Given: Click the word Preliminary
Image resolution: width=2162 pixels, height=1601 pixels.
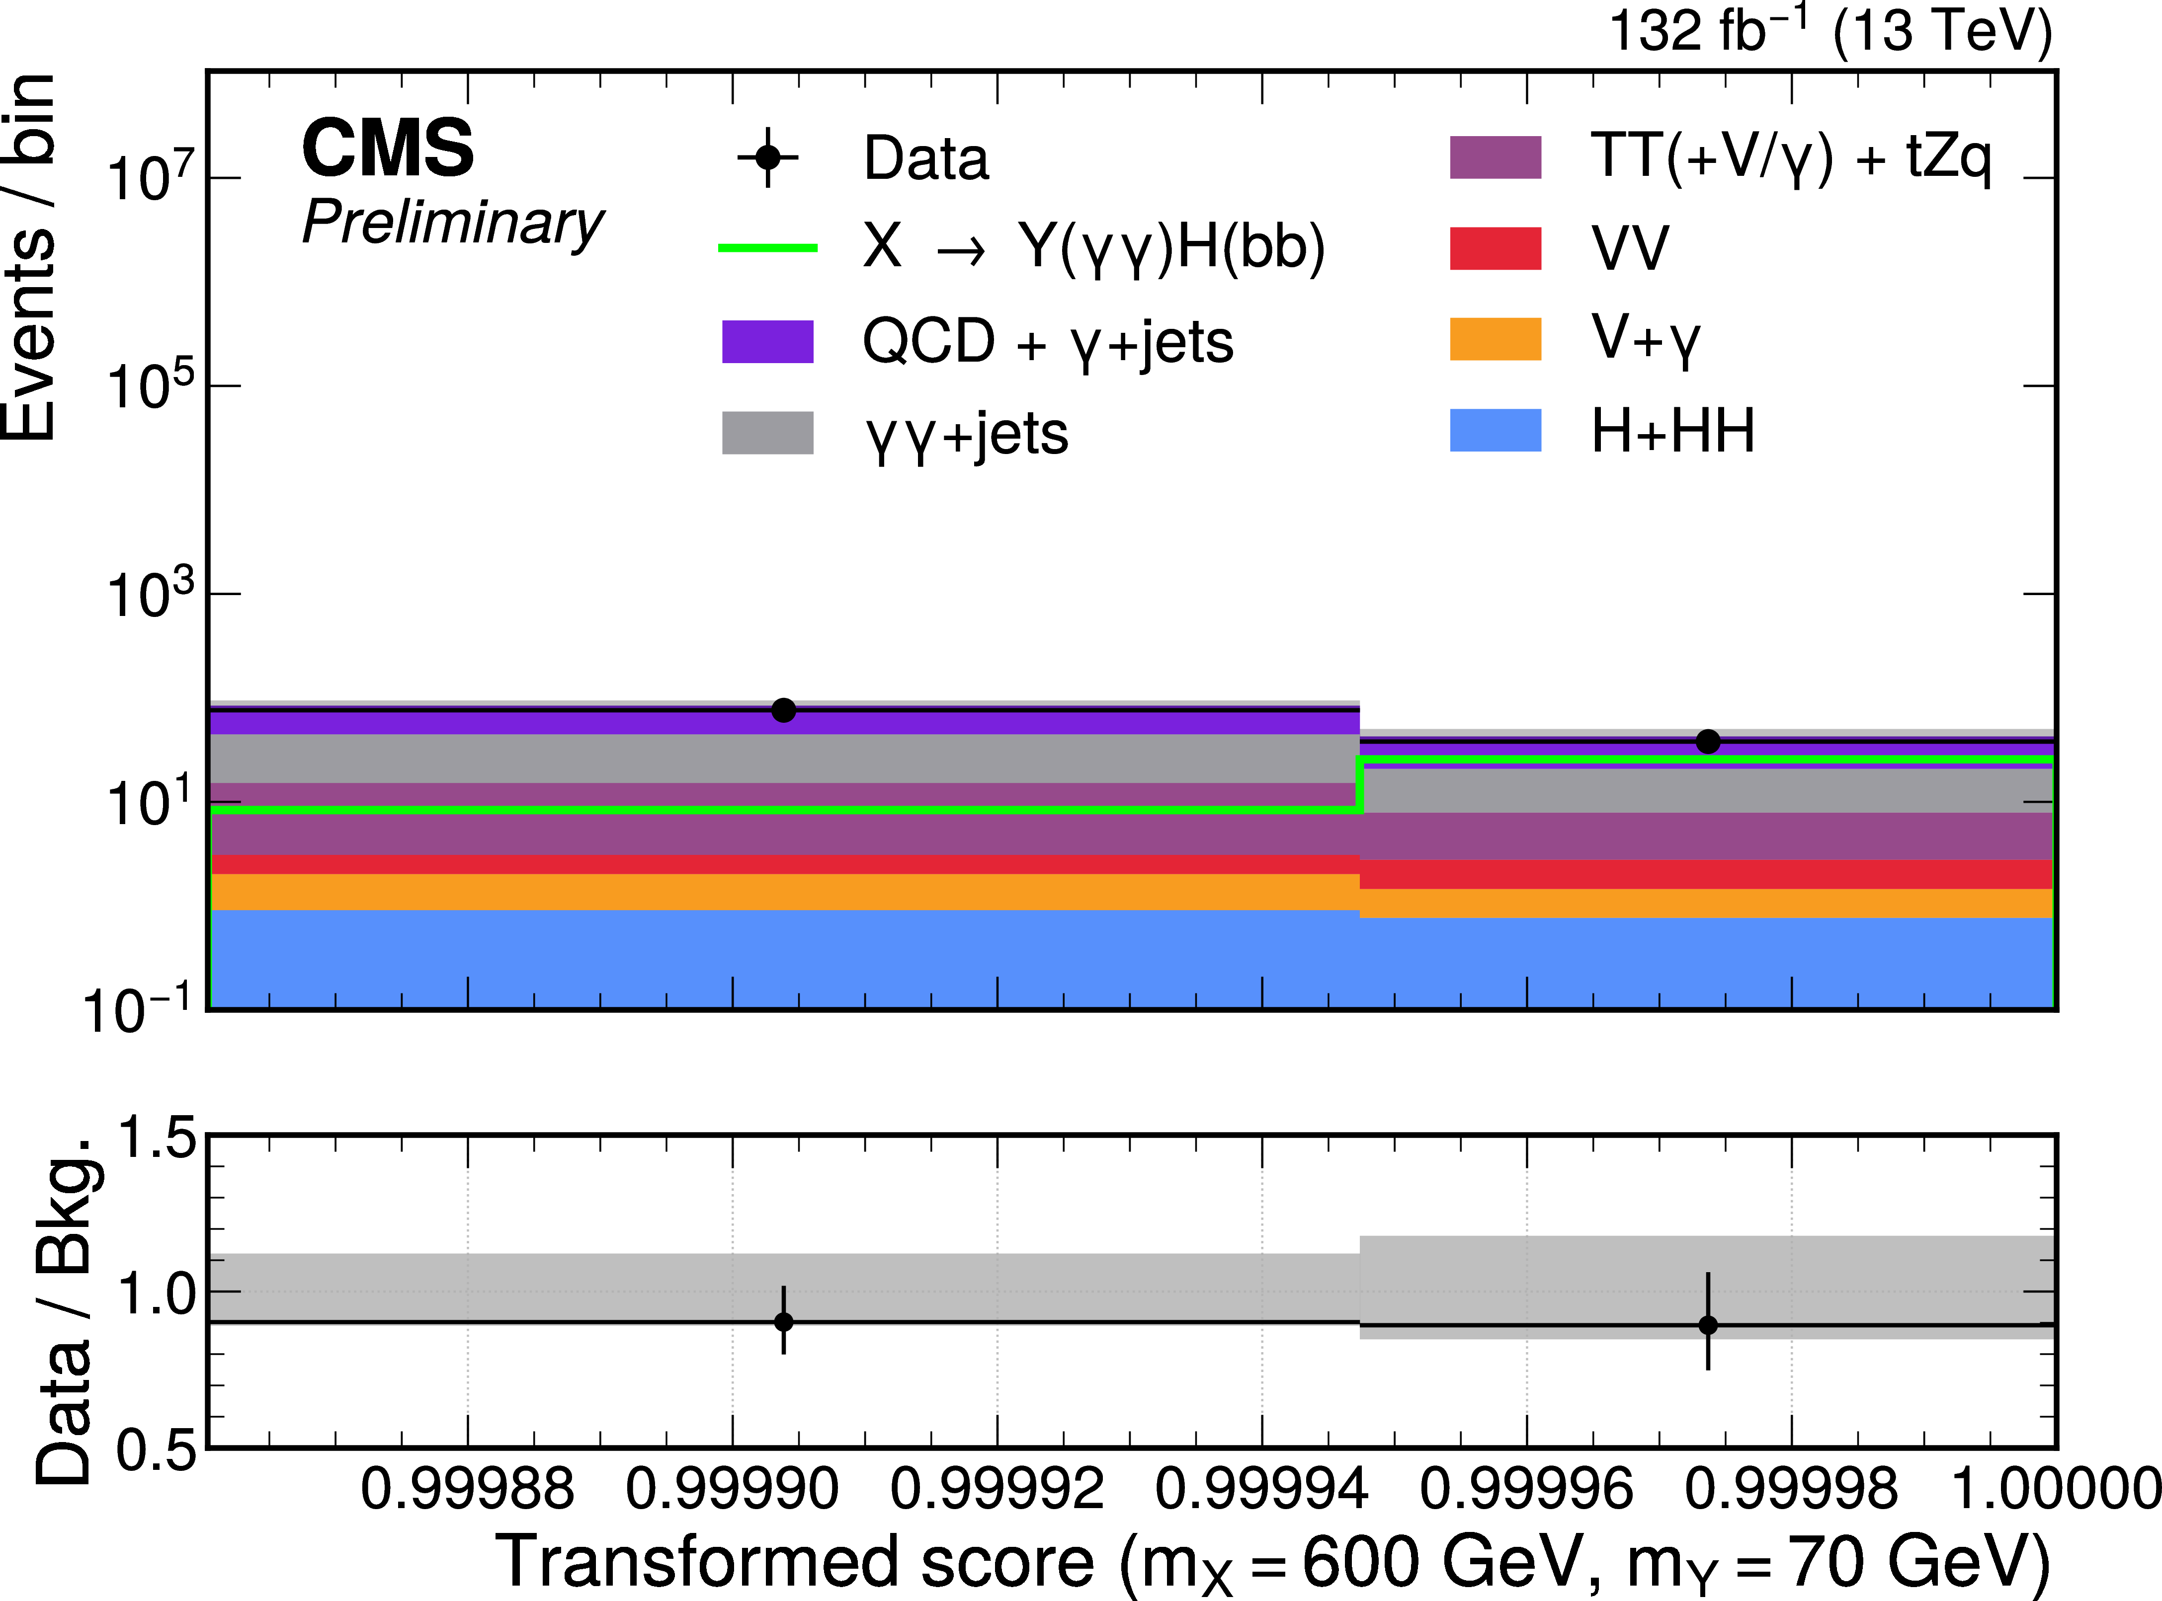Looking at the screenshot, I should pyautogui.click(x=453, y=223).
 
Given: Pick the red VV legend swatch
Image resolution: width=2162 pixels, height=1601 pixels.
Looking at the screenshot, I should pyautogui.click(x=1495, y=248).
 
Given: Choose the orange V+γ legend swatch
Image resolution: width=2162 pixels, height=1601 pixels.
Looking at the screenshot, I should pyautogui.click(x=1495, y=339).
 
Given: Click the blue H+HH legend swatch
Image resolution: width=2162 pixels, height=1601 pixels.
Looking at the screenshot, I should pyautogui.click(x=1495, y=430).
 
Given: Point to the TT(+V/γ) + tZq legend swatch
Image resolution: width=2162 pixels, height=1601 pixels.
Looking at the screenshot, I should pyautogui.click(x=1495, y=157).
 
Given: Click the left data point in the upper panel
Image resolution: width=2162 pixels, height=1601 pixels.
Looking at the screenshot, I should pyautogui.click(x=783, y=710).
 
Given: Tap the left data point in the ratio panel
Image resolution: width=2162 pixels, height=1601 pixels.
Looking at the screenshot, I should pyautogui.click(x=783, y=1322).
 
